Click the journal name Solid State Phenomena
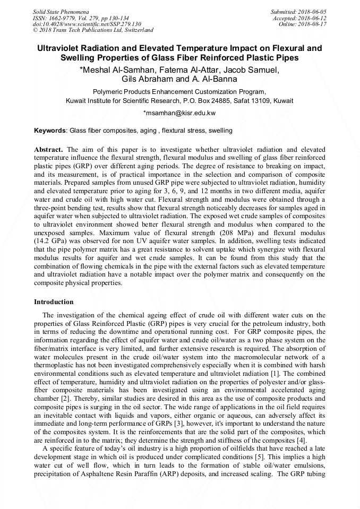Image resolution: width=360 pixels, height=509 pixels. click(x=61, y=11)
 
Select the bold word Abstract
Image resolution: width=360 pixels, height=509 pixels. click(x=48, y=150)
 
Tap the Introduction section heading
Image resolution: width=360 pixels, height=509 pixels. click(x=54, y=301)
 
